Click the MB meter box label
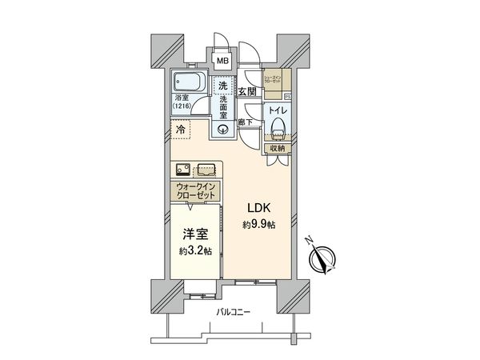pyautogui.click(x=223, y=59)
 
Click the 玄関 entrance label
pyautogui.click(x=246, y=93)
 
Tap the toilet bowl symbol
pyautogui.click(x=277, y=127)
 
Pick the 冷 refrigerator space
pyautogui.click(x=182, y=128)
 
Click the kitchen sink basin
pyautogui.click(x=180, y=169)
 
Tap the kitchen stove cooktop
pyautogui.click(x=205, y=169)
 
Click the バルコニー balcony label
pyautogui.click(x=233, y=312)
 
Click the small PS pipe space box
pyautogui.click(x=287, y=97)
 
